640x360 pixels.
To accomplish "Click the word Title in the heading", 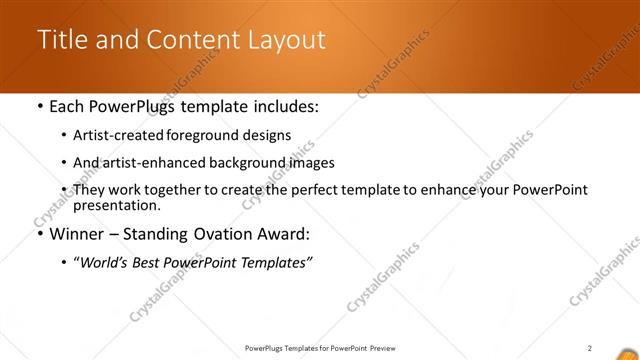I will (x=62, y=40).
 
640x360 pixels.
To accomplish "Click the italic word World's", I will (x=104, y=262).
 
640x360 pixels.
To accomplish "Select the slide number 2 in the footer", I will (x=590, y=348).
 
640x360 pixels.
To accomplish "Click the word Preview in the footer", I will (x=388, y=348).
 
